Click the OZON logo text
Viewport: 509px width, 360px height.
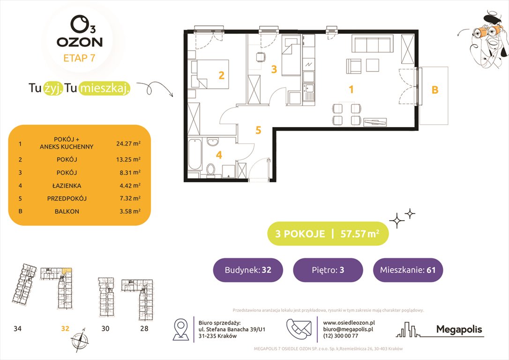80,42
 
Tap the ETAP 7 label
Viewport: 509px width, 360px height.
80,59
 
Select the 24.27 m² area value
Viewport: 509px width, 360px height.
128,144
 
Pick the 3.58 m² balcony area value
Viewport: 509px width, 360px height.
128,211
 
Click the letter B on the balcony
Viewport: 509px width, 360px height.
434,90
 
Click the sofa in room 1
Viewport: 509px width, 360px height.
372,45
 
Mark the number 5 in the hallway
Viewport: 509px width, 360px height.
258,130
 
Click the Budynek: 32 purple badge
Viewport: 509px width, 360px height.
248,270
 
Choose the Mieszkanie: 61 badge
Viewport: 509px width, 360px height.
408,270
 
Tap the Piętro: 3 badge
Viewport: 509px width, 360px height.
328,270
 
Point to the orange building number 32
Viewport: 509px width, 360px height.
65,329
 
